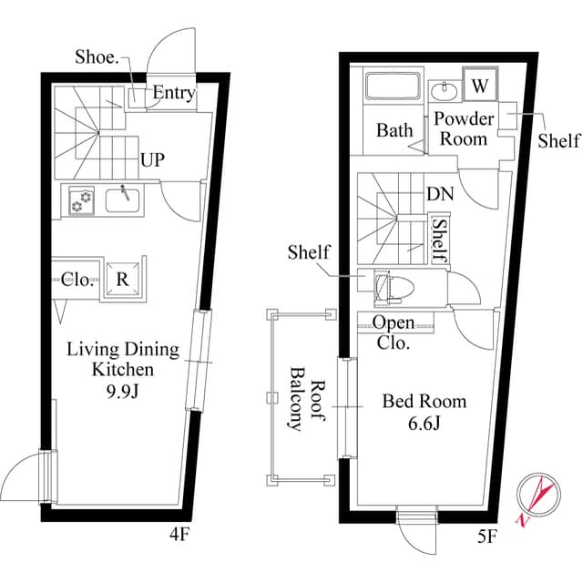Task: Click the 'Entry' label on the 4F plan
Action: [172, 93]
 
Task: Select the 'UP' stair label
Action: [152, 161]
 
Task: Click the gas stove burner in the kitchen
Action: [79, 200]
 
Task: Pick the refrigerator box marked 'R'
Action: [122, 280]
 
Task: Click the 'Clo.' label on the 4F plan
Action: [78, 280]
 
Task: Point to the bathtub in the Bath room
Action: [392, 87]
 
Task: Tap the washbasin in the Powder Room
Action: [445, 90]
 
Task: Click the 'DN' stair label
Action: [440, 194]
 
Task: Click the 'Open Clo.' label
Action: [394, 333]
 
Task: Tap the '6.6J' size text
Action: [424, 423]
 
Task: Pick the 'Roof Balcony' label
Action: [308, 405]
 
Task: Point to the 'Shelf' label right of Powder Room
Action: [558, 140]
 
